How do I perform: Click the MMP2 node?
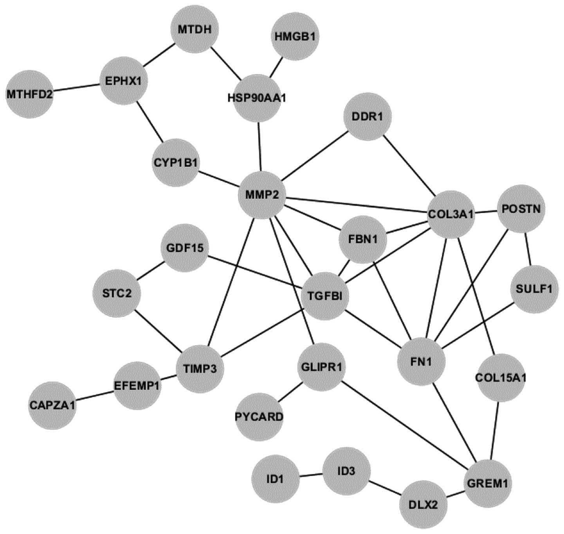pos(262,195)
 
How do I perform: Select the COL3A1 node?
pos(451,214)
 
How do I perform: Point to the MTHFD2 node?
pos(30,94)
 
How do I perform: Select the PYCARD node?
pos(259,416)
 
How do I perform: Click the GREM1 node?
pos(487,484)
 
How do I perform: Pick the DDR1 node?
pos(367,117)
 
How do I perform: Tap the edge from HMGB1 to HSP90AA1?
pos(276,68)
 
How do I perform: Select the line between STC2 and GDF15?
pos(150,271)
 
